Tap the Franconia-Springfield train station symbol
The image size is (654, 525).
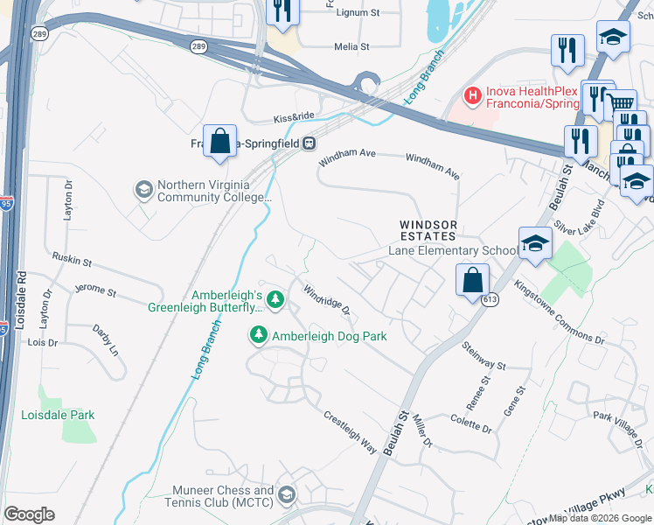[x=309, y=143]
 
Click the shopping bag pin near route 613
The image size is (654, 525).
[x=471, y=281]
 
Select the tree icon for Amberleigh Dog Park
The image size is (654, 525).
[x=259, y=335]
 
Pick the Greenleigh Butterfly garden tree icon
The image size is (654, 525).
[x=275, y=300]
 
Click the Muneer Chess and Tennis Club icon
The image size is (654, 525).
[x=286, y=496]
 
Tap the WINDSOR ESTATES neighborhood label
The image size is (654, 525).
[x=428, y=230]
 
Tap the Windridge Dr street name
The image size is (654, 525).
[x=326, y=299]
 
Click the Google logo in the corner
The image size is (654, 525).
[x=30, y=514]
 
